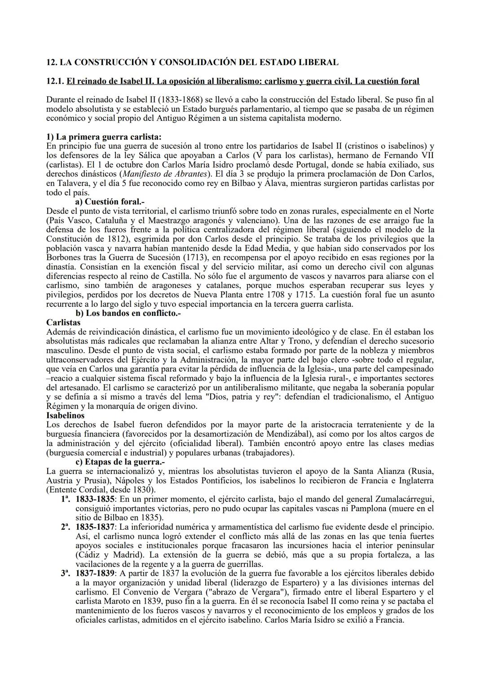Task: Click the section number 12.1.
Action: (55, 81)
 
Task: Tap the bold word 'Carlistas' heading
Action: (63, 323)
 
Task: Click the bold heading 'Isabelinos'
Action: (65, 416)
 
